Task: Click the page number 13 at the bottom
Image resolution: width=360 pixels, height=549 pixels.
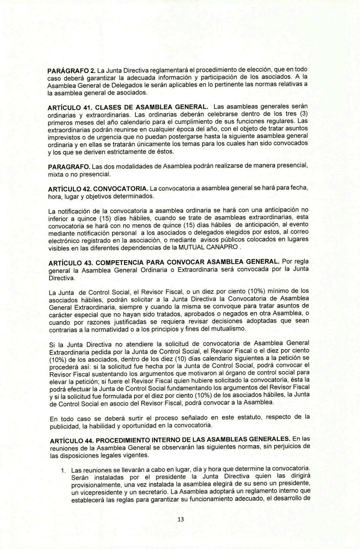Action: pyautogui.click(x=181, y=519)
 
